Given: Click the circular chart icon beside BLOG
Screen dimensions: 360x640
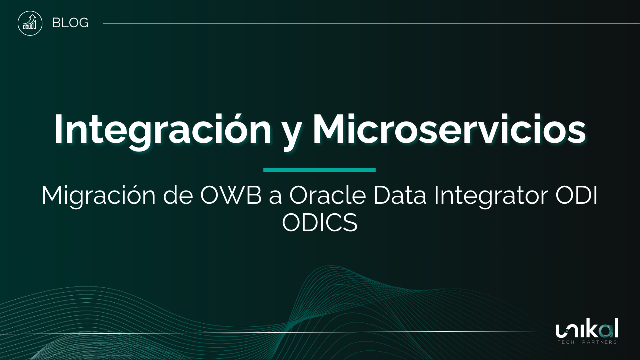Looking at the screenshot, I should pos(30,23).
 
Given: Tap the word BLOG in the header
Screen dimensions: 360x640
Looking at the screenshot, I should pos(70,23).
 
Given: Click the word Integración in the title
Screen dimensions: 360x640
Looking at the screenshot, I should pos(162,130).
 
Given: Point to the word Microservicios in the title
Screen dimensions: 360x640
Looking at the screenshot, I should pos(449,130).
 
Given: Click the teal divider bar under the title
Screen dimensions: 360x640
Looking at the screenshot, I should pos(319,170).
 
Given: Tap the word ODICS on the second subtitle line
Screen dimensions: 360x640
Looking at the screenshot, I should pos(320,223).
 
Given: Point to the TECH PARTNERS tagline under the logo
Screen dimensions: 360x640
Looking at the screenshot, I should pos(587,342).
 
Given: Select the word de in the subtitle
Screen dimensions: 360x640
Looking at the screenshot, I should pos(178,196).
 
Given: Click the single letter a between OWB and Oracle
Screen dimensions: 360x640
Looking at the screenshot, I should pos(275,198).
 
